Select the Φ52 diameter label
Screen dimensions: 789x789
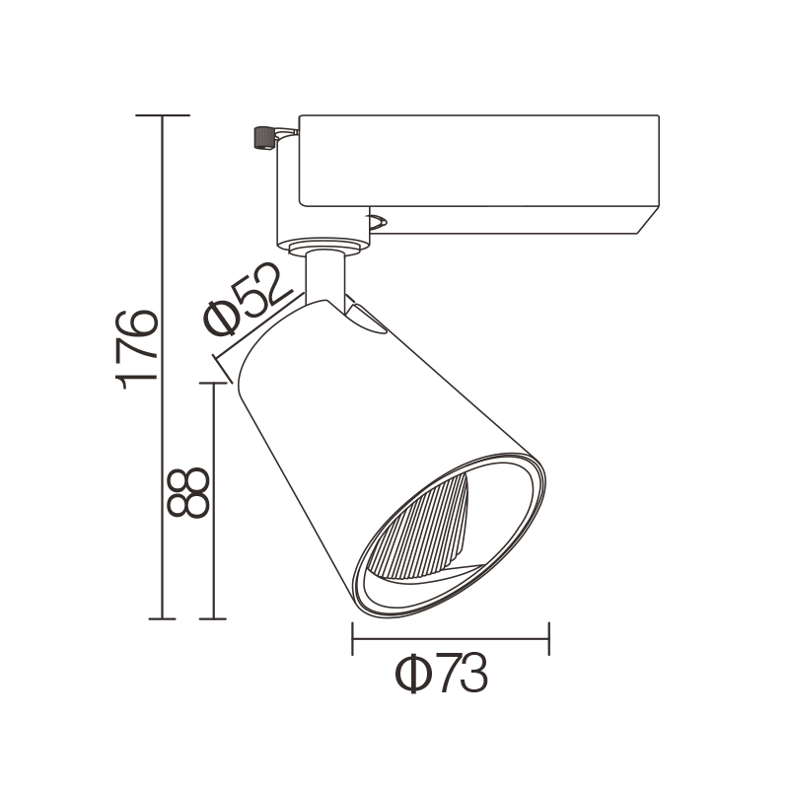click(x=249, y=299)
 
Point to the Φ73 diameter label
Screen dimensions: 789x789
click(x=441, y=674)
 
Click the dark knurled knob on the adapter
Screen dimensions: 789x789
click(x=263, y=137)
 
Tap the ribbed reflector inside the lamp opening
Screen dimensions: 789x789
click(x=418, y=530)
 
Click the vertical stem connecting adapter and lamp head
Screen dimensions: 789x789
click(x=325, y=278)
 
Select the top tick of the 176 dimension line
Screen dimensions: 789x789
click(x=163, y=115)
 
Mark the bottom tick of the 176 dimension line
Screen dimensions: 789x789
click(x=162, y=618)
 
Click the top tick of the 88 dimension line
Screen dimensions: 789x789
click(x=213, y=384)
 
